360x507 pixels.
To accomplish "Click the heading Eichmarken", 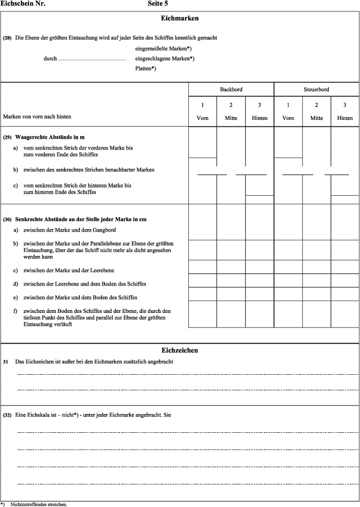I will [180, 18].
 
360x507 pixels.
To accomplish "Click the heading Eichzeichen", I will [180, 350].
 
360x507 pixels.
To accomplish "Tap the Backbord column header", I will [231, 89].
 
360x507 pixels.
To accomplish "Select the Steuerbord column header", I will [316, 89].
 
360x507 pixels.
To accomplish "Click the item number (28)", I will [8, 38].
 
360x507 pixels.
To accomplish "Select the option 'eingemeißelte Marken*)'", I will [164, 49].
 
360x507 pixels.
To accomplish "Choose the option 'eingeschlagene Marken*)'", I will [165, 59].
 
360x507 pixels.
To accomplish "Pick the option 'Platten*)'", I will [146, 68].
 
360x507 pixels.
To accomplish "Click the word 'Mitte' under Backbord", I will [231, 117].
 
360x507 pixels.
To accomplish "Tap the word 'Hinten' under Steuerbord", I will [345, 117].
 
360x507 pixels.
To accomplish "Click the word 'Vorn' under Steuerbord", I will [288, 117].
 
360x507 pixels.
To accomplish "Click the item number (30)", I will [8, 219].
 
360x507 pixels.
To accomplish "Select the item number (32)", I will [8, 416].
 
